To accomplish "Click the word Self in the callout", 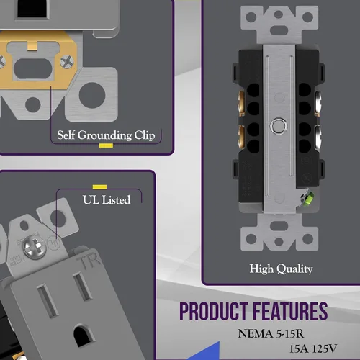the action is click(x=66, y=135).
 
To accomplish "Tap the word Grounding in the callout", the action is click(x=104, y=135).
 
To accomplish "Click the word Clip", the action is click(x=145, y=135).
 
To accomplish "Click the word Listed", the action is click(x=116, y=199).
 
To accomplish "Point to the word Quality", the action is click(x=294, y=269).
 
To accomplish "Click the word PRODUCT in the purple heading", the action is click(x=214, y=311).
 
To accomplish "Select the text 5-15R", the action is click(x=290, y=334).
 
